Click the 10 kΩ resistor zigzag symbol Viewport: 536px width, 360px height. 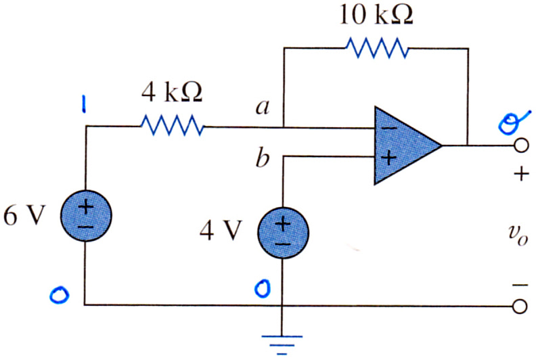click(x=377, y=48)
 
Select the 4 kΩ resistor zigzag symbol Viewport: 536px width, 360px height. click(x=173, y=126)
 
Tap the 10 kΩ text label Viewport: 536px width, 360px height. click(x=376, y=15)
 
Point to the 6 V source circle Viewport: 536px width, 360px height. click(x=86, y=215)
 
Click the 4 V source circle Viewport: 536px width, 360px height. click(x=283, y=233)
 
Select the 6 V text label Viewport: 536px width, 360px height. click(x=24, y=215)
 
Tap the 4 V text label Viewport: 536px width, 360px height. click(x=221, y=231)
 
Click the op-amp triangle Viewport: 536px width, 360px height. click(x=407, y=145)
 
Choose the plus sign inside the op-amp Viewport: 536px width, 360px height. click(x=388, y=158)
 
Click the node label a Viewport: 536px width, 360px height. click(x=263, y=107)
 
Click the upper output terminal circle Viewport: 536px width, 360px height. click(x=520, y=145)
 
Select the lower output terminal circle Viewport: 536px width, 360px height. click(x=520, y=307)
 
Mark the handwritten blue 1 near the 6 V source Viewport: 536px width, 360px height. click(x=83, y=104)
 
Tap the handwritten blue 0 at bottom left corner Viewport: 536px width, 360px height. click(x=60, y=295)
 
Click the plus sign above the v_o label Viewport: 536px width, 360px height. click(x=521, y=174)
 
